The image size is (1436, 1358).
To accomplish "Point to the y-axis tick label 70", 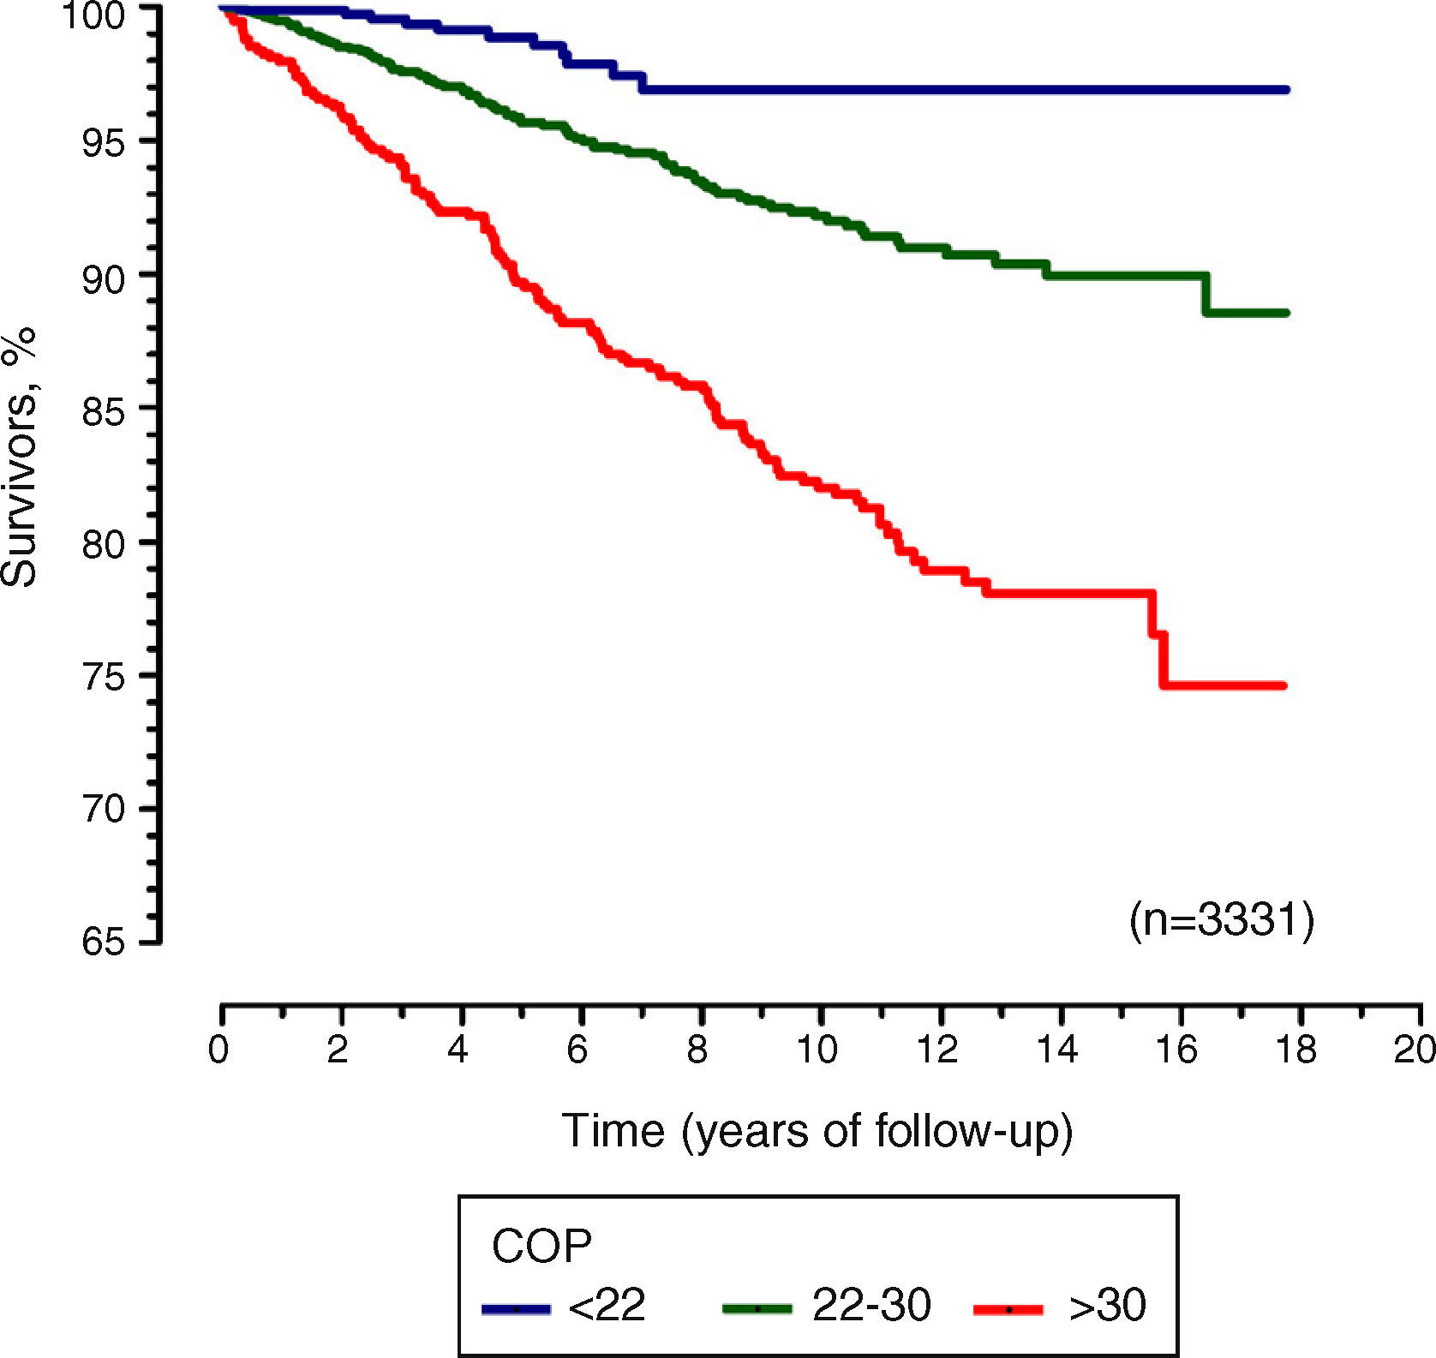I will [x=103, y=808].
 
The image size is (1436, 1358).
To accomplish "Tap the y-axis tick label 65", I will [x=103, y=942].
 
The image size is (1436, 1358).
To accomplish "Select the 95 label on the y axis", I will [x=103, y=142].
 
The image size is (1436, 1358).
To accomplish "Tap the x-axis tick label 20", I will [x=1414, y=1050].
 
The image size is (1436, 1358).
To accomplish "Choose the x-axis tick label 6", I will [x=577, y=1050].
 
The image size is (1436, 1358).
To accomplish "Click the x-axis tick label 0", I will [x=218, y=1050].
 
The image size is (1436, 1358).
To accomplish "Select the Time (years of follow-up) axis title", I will [x=817, y=1131].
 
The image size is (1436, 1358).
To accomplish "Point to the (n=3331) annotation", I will [x=1221, y=921].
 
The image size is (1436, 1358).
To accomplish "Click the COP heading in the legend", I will [x=541, y=1246].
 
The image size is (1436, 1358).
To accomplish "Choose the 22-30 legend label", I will [x=871, y=1306].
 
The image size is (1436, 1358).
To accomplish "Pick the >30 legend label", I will [x=1107, y=1306].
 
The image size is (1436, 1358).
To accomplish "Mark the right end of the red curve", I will [x=1284, y=685].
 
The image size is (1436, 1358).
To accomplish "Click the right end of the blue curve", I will [x=1288, y=89].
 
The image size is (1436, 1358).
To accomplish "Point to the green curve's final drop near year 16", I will [x=1206, y=294].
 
